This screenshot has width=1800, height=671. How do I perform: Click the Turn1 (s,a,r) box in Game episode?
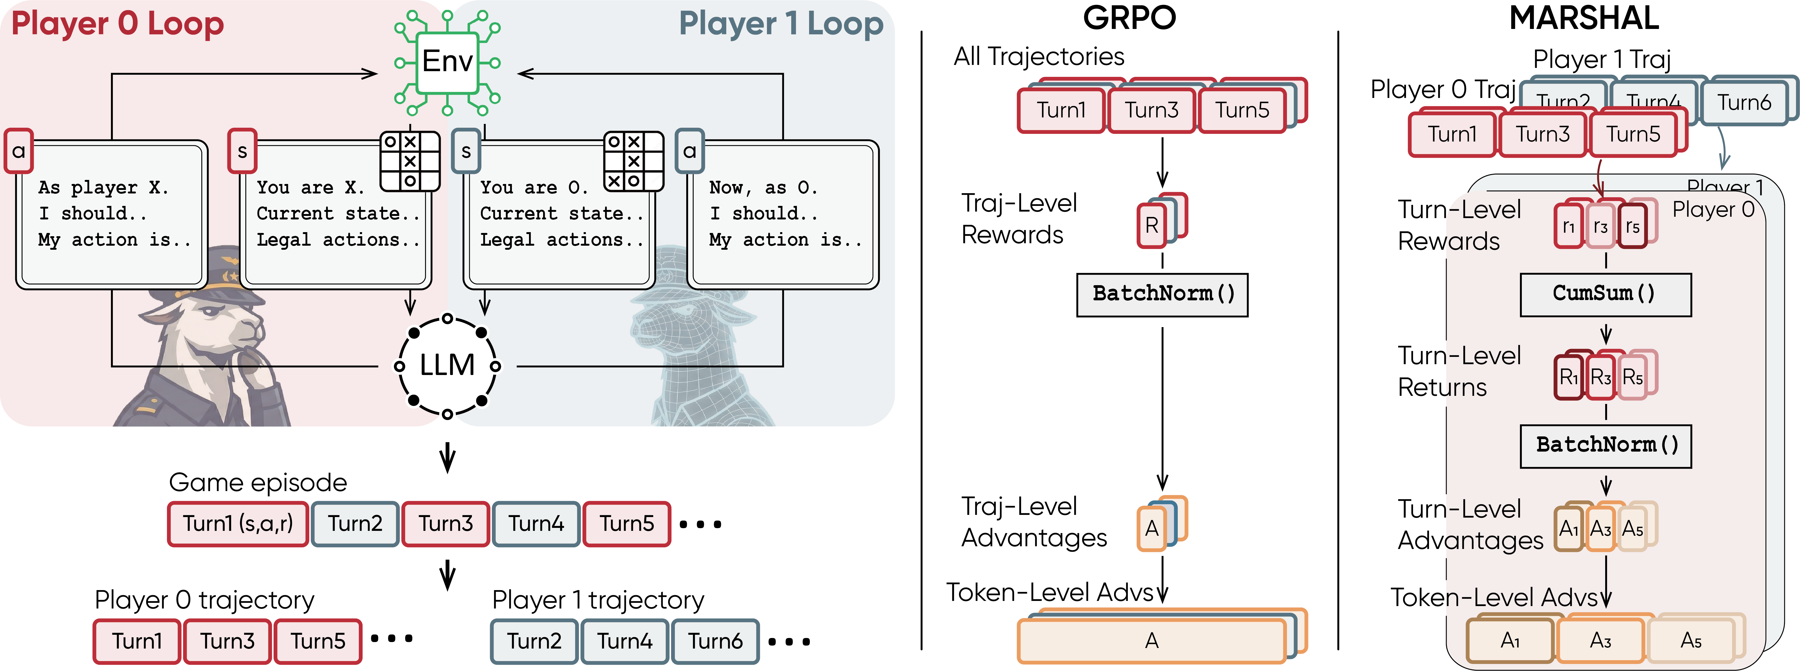pyautogui.click(x=238, y=524)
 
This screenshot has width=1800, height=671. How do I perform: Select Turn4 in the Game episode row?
pyautogui.click(x=536, y=524)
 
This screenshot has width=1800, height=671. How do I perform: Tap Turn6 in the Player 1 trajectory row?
pyautogui.click(x=715, y=641)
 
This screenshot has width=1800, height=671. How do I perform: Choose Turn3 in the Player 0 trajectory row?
pyautogui.click(x=227, y=641)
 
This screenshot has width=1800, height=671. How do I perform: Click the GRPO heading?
pyautogui.click(x=1129, y=18)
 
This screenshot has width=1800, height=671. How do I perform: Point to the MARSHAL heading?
pyautogui.click(x=1583, y=18)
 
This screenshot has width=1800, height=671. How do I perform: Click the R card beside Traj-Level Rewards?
pyautogui.click(x=1152, y=225)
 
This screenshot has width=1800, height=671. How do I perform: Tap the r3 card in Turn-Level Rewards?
pyautogui.click(x=1600, y=226)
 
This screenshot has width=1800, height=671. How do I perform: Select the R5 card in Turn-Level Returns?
pyautogui.click(x=1632, y=377)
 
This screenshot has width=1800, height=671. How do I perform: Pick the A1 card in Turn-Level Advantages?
pyautogui.click(x=1569, y=528)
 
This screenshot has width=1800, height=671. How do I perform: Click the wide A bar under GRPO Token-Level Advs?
pyautogui.click(x=1152, y=640)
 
